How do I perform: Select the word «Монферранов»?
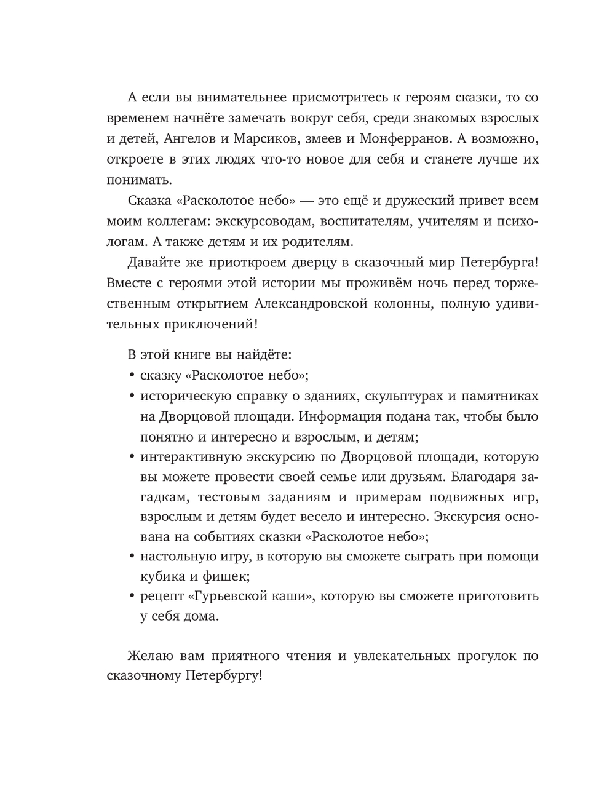click(x=414, y=138)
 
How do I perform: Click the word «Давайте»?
click(x=154, y=263)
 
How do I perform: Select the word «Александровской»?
click(x=320, y=303)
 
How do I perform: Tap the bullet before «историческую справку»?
click(x=132, y=396)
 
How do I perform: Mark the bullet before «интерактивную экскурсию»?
click(x=132, y=457)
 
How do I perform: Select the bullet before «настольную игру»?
click(x=132, y=557)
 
